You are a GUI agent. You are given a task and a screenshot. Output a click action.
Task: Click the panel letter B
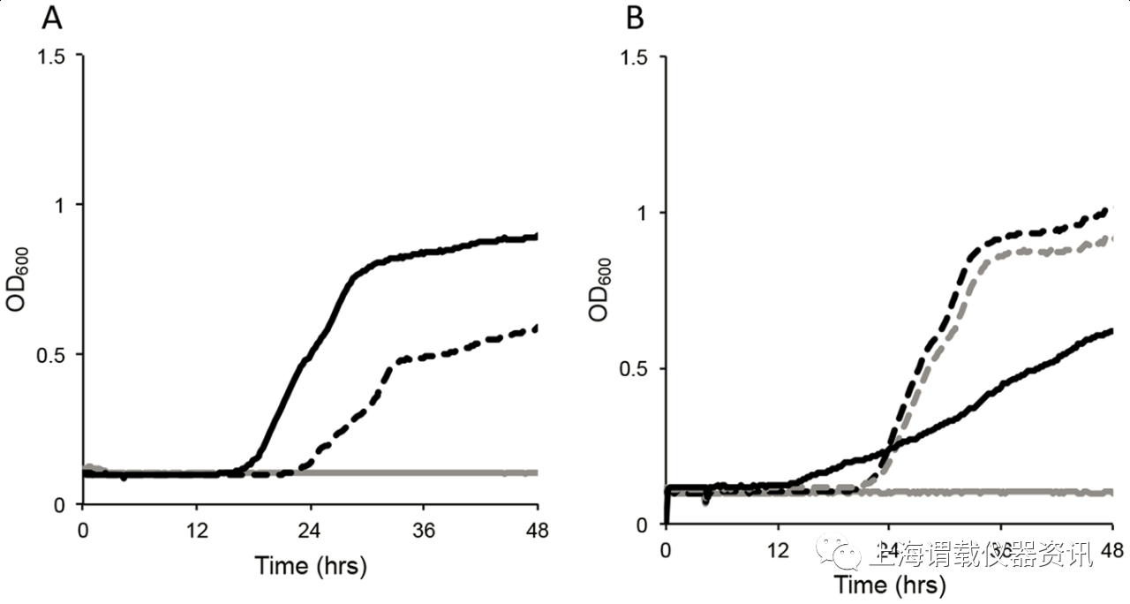[x=635, y=18]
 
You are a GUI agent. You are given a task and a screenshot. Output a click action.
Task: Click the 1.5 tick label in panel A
[x=55, y=55]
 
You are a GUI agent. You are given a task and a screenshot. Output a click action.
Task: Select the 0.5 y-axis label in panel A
[x=55, y=354]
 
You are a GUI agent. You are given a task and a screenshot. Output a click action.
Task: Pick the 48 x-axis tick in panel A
[x=537, y=532]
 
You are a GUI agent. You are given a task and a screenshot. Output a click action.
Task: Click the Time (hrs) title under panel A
[x=310, y=566]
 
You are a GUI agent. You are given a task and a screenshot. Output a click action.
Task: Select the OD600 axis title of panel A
[x=24, y=279]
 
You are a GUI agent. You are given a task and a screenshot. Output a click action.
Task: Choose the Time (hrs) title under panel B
[x=890, y=585]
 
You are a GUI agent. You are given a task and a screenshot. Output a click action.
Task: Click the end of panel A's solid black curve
[x=536, y=237]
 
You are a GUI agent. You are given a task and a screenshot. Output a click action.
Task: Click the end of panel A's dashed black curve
[x=536, y=328]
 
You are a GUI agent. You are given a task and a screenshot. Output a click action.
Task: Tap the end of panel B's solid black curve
[x=1111, y=330]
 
